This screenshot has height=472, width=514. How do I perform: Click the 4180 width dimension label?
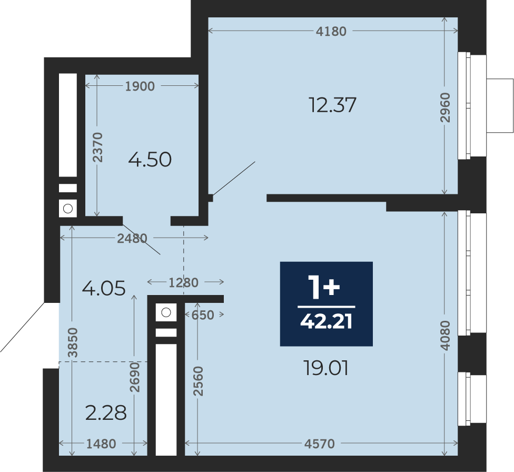331,31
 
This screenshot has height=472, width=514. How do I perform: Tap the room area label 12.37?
332,105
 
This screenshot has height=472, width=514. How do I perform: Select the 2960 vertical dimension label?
445,107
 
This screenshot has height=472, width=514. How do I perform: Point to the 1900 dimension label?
140,86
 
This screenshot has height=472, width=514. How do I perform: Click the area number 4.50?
150,160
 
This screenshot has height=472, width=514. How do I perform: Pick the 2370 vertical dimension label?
97,147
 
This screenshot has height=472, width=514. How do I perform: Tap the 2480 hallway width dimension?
132,239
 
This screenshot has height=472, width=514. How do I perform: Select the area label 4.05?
104,288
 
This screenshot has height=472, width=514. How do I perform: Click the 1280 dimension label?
184,282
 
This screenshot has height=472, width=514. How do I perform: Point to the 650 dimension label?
203,315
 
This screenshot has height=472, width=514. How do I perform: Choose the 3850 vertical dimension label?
73,342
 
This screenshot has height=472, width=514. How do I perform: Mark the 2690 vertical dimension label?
134,377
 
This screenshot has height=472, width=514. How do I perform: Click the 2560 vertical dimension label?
197,381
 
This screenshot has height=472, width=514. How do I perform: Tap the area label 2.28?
106,412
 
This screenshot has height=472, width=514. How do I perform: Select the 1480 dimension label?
101,444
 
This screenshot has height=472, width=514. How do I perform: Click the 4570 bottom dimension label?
320,444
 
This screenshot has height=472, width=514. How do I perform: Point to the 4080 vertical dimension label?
445,336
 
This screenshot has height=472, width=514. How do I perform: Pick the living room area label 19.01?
326,368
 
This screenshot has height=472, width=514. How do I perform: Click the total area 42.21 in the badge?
326,321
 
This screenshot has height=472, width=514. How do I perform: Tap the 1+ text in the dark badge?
324,287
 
